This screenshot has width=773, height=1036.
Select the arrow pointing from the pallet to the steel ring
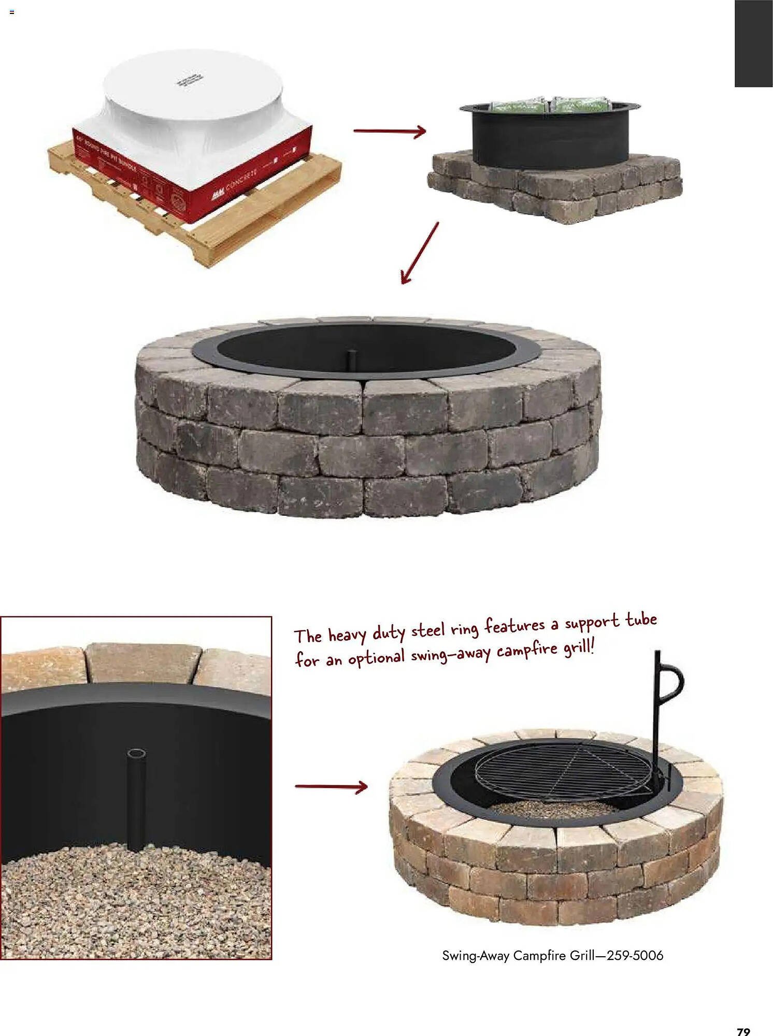pos(390,132)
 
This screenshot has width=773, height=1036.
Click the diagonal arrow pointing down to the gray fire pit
pos(420,253)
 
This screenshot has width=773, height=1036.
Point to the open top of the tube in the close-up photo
pos(136,754)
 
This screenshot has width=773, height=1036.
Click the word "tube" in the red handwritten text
pos(641,620)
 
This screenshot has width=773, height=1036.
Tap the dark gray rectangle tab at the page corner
pos(753,44)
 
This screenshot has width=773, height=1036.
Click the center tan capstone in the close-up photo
pos(142,663)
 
